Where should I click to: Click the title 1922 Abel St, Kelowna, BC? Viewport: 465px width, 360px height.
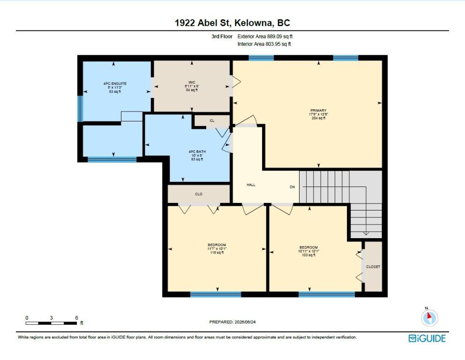(x=232, y=23)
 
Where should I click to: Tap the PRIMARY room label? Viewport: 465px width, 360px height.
(x=318, y=110)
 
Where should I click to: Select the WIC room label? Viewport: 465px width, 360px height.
(x=192, y=82)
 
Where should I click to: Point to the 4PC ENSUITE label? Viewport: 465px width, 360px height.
(x=115, y=83)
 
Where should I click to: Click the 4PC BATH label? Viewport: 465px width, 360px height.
(x=197, y=151)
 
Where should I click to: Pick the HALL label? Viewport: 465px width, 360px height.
(x=251, y=185)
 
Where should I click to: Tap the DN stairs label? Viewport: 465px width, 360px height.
(x=292, y=187)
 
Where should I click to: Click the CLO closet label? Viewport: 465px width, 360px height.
(x=198, y=194)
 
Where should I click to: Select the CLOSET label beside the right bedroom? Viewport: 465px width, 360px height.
(x=373, y=267)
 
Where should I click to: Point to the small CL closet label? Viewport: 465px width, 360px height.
(x=212, y=120)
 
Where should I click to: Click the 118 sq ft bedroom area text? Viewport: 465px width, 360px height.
(x=217, y=253)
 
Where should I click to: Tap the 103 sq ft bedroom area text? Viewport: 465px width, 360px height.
(x=308, y=255)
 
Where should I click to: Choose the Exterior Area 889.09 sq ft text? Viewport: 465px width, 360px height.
(x=265, y=37)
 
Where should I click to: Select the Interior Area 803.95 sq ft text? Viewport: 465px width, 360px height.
(x=264, y=44)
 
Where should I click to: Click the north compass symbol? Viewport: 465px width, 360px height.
(x=429, y=317)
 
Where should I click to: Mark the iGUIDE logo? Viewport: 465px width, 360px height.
(x=427, y=338)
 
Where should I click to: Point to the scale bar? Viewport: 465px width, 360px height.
(x=51, y=323)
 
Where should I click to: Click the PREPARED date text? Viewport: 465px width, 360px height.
(x=232, y=322)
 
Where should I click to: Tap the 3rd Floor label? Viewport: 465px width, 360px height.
(x=222, y=37)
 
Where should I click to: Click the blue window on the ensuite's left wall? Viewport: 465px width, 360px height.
(x=80, y=109)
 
